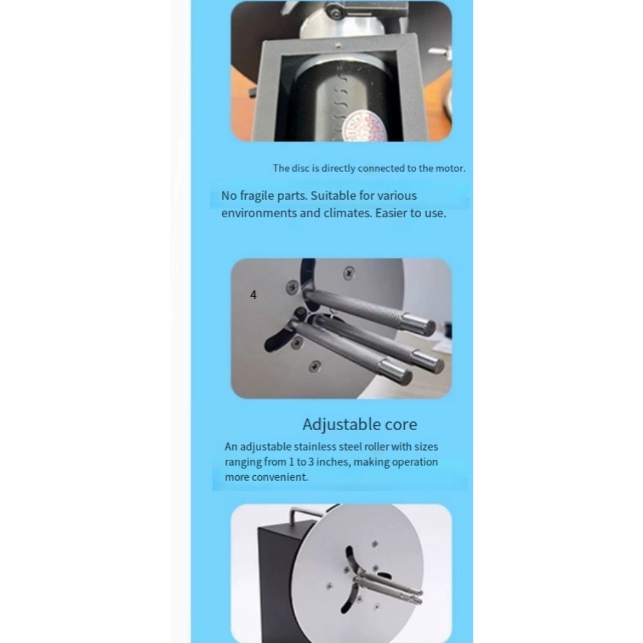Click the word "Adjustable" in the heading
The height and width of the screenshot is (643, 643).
click(x=341, y=425)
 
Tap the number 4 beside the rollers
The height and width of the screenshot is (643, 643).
click(x=253, y=295)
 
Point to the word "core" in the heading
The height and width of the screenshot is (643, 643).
click(x=401, y=425)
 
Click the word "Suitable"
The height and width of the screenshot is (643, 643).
click(x=333, y=196)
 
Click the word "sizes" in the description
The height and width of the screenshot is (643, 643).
click(x=426, y=447)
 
